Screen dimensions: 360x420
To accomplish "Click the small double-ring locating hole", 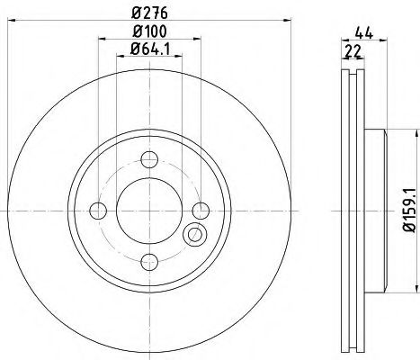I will pyautogui.click(x=192, y=236).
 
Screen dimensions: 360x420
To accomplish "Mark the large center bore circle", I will pyautogui.click(x=147, y=211).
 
